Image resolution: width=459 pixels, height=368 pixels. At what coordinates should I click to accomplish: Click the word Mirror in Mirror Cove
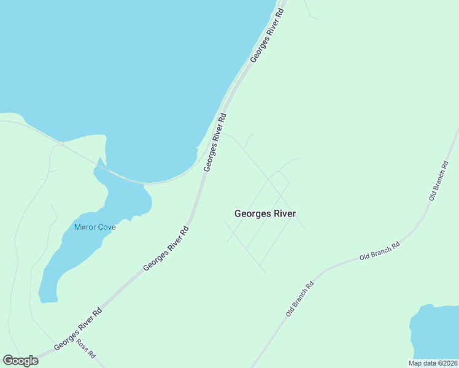(x=85, y=227)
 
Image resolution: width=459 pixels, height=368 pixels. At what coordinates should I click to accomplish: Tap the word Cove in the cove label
(x=107, y=227)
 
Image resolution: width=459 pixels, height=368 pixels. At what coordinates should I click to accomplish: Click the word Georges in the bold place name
(x=251, y=214)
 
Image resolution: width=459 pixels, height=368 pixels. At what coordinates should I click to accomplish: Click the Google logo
(x=20, y=361)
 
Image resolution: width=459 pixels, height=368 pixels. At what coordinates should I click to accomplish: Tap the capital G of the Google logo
(x=7, y=361)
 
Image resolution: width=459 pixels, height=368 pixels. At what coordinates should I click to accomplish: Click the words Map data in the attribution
(x=422, y=363)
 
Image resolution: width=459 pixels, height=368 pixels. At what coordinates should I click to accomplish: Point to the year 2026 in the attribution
(x=448, y=363)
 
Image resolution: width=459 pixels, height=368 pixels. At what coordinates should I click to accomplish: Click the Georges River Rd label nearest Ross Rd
(x=77, y=329)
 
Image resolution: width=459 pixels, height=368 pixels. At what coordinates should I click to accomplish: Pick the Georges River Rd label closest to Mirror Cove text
(x=166, y=248)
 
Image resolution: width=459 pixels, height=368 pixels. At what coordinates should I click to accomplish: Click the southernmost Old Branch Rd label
(x=300, y=299)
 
